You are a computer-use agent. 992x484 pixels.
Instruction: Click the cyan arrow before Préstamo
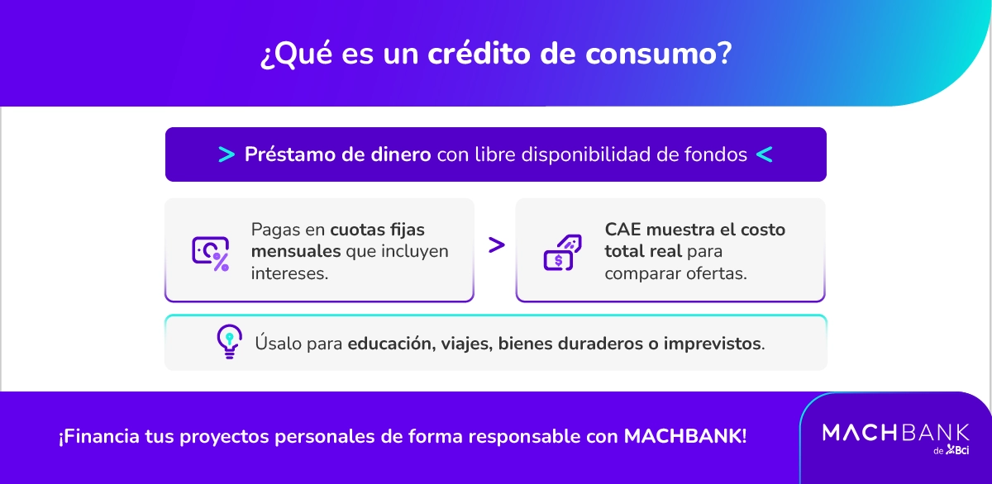click(x=226, y=154)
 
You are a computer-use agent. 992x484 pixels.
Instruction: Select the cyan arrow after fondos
click(x=765, y=154)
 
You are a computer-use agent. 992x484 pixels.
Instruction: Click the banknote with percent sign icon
click(x=210, y=251)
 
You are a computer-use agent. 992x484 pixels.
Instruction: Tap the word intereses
click(x=289, y=273)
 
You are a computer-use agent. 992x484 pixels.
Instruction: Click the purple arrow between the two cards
click(x=496, y=245)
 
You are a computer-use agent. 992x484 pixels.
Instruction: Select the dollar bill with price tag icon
click(x=561, y=251)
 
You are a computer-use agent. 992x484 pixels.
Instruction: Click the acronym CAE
click(x=622, y=230)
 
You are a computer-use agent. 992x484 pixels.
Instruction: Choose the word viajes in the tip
click(x=464, y=343)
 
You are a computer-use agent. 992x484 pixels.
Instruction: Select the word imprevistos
click(x=712, y=343)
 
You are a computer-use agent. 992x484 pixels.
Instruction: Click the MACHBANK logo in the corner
click(x=896, y=432)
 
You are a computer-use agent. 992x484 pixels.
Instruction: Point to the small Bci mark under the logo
click(x=957, y=450)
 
